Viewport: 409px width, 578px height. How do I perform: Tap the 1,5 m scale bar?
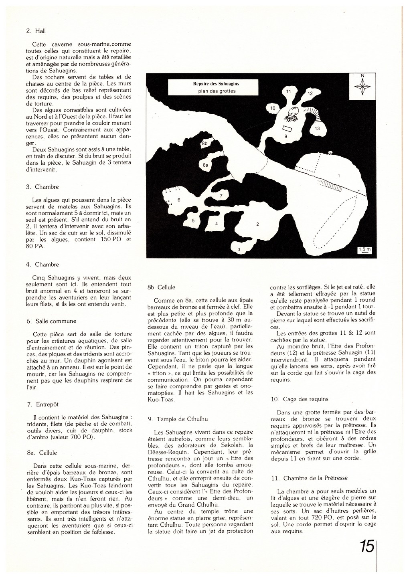pyautogui.click(x=365, y=251)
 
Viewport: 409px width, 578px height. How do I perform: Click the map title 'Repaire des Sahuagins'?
pyautogui.click(x=216, y=84)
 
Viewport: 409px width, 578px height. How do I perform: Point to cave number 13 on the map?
pyautogui.click(x=317, y=129)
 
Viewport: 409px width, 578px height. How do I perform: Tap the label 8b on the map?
pyautogui.click(x=205, y=143)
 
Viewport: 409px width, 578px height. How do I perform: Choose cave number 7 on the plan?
pyautogui.click(x=221, y=196)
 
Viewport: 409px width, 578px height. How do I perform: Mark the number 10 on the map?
pyautogui.click(x=273, y=108)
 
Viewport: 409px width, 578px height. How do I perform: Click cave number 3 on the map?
pyautogui.click(x=239, y=250)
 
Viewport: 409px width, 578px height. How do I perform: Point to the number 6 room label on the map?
pyautogui.click(x=179, y=200)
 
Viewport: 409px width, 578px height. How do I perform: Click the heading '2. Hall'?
pyautogui.click(x=33, y=30)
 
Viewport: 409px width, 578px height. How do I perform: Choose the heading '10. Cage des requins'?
pyautogui.click(x=300, y=399)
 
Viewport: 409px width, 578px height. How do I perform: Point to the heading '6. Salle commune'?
pyautogui.click(x=51, y=321)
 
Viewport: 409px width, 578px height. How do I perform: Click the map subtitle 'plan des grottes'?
pyautogui.click(x=217, y=91)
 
